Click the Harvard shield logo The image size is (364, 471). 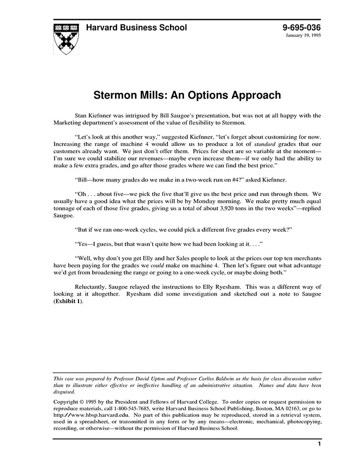pyautogui.click(x=66, y=38)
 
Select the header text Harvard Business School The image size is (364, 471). pyautogui.click(x=136, y=28)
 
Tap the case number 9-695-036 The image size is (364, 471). pyautogui.click(x=302, y=28)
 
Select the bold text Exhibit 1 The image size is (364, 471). pyautogui.click(x=68, y=302)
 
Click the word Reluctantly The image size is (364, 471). pyautogui.click(x=95, y=286)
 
